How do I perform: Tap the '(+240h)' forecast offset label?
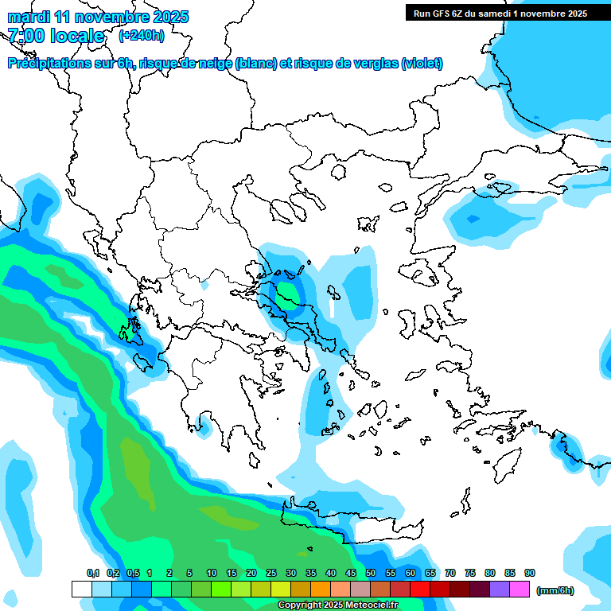point(141,35)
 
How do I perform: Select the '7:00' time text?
point(26,36)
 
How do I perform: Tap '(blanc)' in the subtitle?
point(256,64)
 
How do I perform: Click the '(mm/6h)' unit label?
point(555,590)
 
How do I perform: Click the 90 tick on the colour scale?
point(530,573)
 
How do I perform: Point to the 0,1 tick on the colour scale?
point(93,573)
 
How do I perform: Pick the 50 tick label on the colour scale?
point(371,573)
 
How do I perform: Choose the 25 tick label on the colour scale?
point(271,573)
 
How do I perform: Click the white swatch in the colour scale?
point(81,589)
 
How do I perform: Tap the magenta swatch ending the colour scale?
point(520,589)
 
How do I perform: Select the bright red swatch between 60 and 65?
point(420,589)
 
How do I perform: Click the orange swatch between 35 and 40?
point(321,589)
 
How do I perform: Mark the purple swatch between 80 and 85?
point(500,589)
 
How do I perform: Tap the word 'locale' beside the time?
point(76,36)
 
